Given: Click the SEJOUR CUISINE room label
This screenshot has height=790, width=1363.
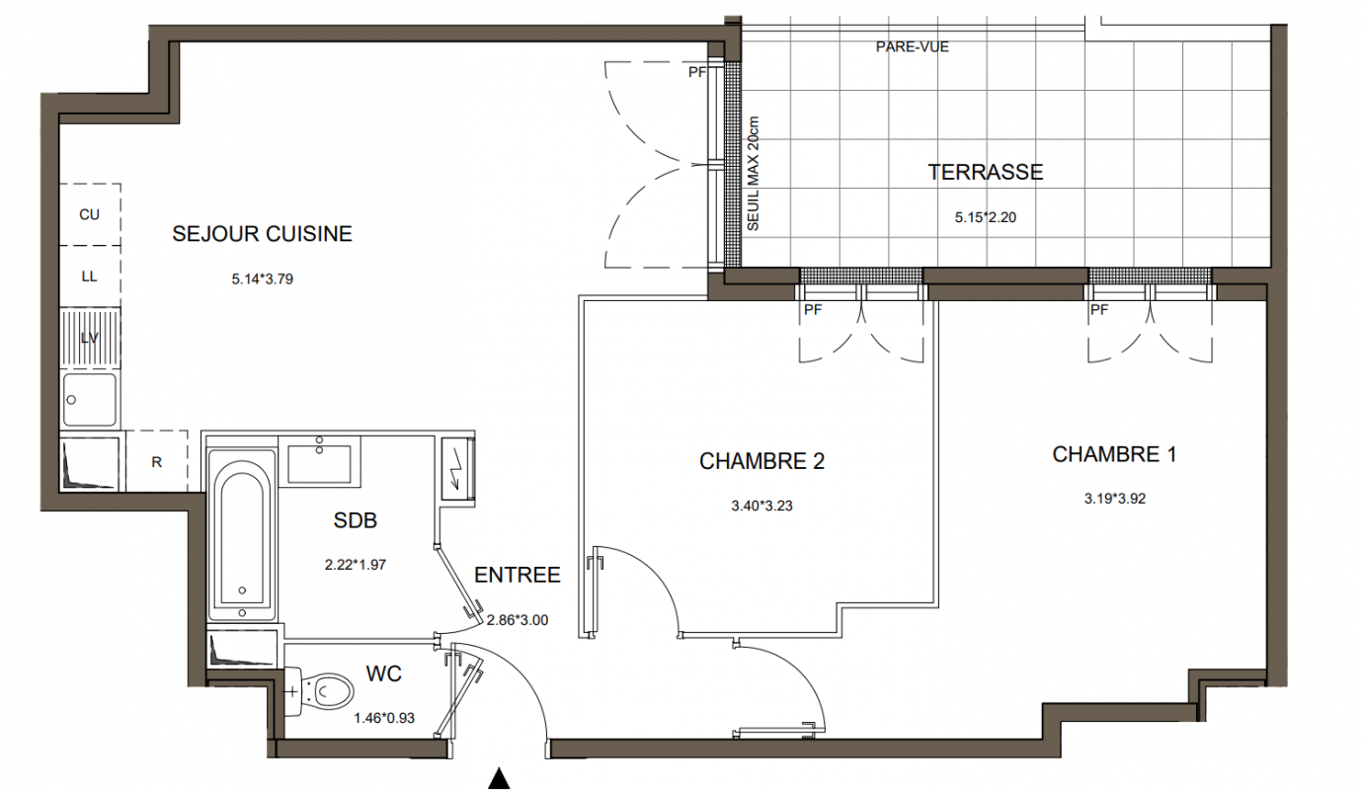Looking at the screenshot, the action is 263,234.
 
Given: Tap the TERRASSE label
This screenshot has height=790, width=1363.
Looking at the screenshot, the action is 985,172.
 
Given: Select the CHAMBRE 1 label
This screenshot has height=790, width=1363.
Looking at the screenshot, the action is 1114,454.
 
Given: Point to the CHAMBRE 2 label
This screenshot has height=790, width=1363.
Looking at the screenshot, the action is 762,461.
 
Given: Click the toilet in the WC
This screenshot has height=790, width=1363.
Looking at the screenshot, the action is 320,692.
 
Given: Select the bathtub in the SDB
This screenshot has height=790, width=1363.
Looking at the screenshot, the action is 242,534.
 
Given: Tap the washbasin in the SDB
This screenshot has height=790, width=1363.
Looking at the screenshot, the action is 319,463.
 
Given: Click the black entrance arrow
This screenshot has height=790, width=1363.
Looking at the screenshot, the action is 499,777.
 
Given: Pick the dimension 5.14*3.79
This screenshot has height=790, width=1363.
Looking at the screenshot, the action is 263,279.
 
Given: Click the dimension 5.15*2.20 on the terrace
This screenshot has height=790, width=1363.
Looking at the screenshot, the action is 985,217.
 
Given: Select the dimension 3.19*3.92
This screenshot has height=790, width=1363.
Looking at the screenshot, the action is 1115,499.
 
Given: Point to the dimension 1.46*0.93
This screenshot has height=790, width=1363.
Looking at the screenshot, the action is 384,718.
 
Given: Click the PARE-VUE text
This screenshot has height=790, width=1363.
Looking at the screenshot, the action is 912,46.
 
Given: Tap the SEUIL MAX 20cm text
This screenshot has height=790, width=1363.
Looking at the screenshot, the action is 754,174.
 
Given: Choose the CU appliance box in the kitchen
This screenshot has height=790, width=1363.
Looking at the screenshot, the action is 90,214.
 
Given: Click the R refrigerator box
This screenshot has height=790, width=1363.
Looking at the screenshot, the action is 157,461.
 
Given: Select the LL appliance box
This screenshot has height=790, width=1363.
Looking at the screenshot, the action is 90,276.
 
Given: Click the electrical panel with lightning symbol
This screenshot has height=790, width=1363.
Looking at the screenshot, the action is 456,468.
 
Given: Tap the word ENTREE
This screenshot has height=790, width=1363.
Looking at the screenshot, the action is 518,575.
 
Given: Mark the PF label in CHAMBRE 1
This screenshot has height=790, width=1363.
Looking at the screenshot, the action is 1099,310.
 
